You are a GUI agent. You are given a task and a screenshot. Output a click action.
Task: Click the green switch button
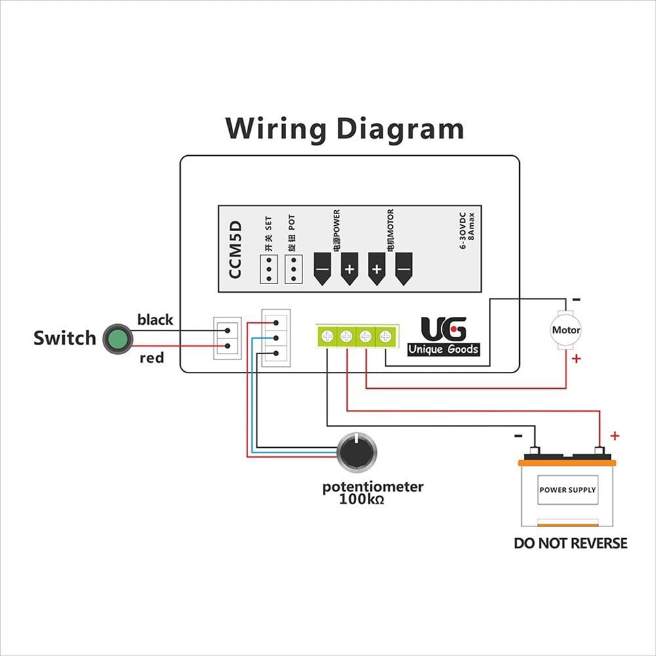point(118,338)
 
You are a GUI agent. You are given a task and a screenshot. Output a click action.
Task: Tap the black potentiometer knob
point(357,452)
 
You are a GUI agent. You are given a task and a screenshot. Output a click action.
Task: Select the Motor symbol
point(566,330)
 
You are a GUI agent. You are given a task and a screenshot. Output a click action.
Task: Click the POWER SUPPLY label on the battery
point(568,490)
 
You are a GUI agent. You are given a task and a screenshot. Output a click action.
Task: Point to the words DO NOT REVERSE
point(571,543)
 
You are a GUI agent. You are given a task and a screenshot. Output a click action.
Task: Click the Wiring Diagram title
point(344,129)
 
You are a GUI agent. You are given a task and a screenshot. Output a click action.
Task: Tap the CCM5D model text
point(235,250)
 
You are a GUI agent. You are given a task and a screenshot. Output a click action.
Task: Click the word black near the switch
point(155,319)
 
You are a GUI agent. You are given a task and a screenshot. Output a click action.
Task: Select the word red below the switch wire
point(151,358)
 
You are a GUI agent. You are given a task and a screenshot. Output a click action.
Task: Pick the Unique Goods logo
point(443,337)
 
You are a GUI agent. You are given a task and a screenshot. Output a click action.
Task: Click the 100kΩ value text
point(361,499)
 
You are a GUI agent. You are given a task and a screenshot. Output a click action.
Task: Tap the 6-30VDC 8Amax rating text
point(467,230)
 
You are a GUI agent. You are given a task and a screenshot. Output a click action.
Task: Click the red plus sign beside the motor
point(576,359)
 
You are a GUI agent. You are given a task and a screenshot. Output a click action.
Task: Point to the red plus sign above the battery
point(615,436)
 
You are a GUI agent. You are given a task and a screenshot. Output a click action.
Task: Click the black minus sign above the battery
point(518,436)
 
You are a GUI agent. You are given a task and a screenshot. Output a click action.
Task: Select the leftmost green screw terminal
point(327,336)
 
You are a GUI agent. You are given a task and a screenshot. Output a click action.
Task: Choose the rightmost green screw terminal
point(386,336)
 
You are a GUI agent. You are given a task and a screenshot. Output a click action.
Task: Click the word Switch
point(65,338)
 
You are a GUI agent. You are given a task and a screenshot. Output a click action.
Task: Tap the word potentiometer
point(373,487)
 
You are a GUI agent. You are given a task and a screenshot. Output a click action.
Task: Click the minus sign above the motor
point(576,300)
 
